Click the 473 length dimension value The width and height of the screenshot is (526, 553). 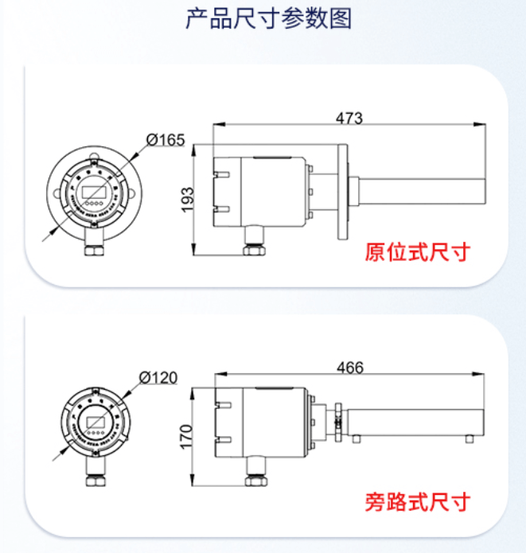click(x=349, y=119)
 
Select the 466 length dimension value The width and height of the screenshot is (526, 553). click(x=349, y=368)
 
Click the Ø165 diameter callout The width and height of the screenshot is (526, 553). click(x=166, y=141)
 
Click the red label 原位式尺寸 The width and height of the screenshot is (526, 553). click(x=417, y=253)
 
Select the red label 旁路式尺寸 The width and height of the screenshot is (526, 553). click(x=417, y=501)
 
